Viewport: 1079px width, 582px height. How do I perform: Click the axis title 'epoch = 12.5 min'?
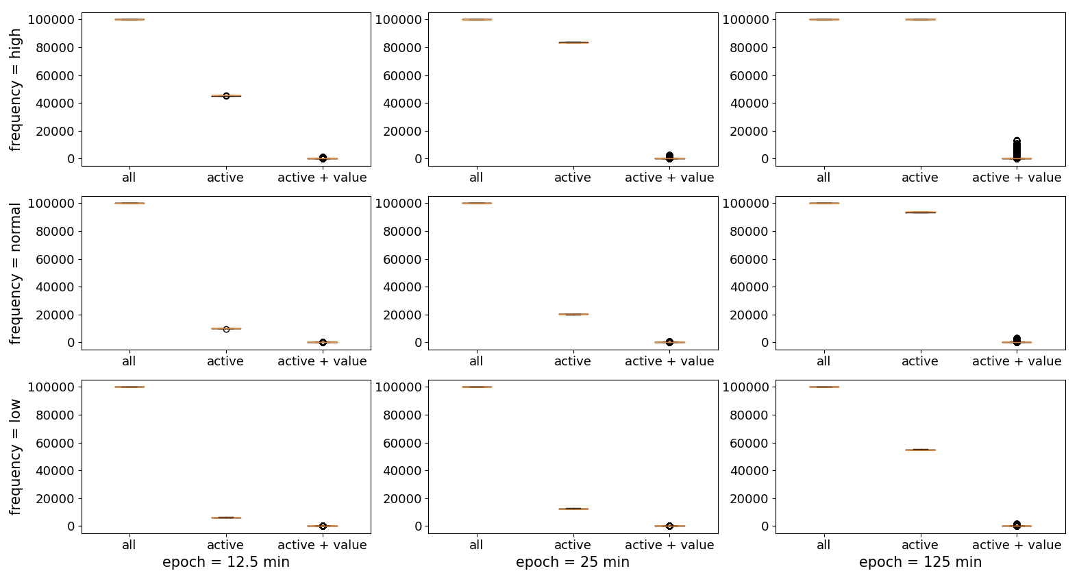[225, 562]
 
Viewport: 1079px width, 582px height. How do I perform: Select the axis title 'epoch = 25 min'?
[572, 562]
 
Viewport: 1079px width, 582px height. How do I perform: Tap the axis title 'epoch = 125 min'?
[920, 562]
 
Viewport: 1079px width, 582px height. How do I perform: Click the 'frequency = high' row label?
[15, 90]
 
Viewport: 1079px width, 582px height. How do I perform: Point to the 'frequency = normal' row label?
[15, 274]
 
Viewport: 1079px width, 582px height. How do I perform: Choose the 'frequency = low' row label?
[15, 457]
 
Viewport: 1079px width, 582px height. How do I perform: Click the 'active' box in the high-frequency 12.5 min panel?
[225, 96]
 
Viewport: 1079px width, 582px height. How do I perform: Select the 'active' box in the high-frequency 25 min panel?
[573, 43]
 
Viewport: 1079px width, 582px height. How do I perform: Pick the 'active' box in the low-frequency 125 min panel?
[920, 450]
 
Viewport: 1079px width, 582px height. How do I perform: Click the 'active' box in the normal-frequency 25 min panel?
[573, 314]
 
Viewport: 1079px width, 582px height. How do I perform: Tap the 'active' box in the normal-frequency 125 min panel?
[920, 213]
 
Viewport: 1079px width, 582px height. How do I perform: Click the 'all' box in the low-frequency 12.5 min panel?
[129, 387]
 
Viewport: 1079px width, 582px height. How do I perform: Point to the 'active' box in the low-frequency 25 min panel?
[573, 509]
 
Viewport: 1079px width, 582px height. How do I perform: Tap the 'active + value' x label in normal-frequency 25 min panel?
[669, 361]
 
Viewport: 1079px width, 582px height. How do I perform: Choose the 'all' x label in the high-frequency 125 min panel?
[823, 178]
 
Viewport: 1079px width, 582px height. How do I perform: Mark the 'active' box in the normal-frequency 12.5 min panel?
[225, 328]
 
